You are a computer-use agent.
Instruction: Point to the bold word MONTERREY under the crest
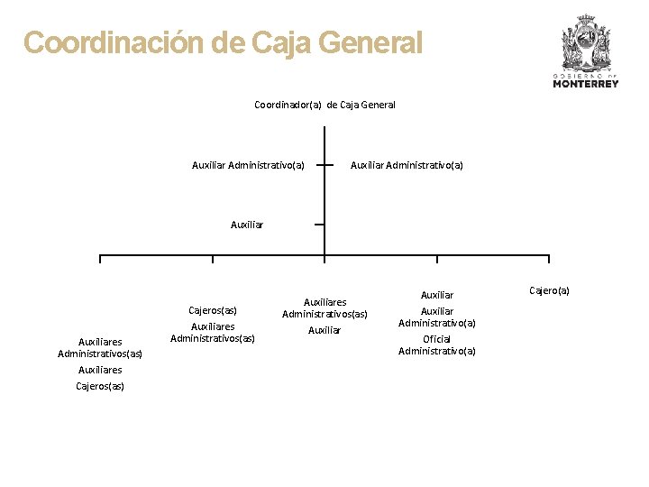point(586,84)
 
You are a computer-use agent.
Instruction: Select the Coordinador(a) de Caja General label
point(324,105)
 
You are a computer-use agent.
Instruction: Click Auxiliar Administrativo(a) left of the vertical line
point(248,165)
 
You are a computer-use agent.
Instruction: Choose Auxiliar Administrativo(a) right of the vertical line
point(407,165)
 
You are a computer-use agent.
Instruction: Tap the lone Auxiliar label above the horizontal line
point(247,225)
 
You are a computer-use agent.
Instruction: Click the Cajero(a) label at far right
point(549,290)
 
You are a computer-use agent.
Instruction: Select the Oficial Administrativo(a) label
point(437,345)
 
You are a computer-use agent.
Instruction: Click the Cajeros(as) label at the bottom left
point(100,386)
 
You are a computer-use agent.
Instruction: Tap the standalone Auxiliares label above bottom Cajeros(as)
point(100,370)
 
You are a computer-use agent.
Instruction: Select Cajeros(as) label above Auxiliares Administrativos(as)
point(213,310)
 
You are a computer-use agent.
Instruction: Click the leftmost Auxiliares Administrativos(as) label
point(100,347)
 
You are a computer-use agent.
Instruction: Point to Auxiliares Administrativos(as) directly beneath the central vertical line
point(324,308)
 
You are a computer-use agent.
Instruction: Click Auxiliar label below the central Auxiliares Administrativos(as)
point(324,330)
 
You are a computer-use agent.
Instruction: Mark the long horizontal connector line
point(270,256)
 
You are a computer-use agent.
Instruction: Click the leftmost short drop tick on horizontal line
point(100,261)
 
